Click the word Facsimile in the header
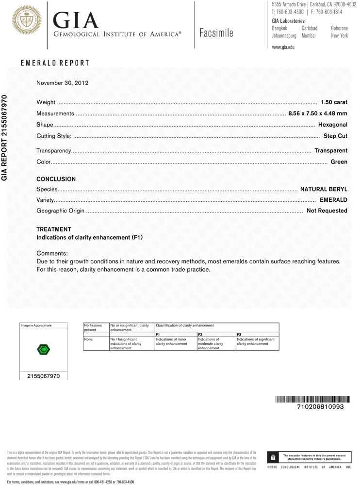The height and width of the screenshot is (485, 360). [x=216, y=33]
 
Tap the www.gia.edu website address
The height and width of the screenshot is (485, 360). [x=283, y=47]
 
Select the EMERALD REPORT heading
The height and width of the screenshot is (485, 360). [x=55, y=63]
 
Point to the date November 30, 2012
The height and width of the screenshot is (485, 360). [x=63, y=82]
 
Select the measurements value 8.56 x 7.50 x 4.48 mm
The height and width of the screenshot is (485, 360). [x=318, y=113]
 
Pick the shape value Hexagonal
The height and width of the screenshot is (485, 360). [x=333, y=125]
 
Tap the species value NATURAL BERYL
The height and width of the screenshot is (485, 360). [x=324, y=189]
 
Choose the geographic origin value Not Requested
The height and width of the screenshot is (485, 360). [x=327, y=211]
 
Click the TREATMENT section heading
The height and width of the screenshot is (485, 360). [x=54, y=229]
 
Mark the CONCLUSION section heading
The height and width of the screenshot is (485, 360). [x=56, y=179]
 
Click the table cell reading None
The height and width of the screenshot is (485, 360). [x=88, y=339]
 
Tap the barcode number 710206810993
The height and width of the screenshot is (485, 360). [x=320, y=407]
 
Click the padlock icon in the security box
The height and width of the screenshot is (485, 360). [x=274, y=457]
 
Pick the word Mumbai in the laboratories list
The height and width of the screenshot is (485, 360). [x=309, y=36]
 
